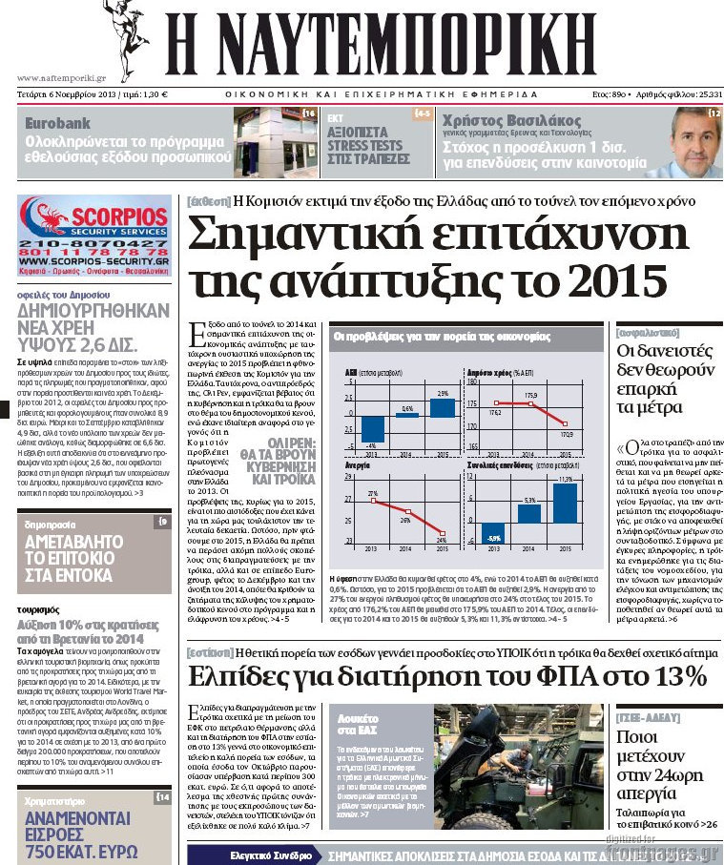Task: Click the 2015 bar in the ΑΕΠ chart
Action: pos(442,407)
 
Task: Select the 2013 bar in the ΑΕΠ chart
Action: pos(372,430)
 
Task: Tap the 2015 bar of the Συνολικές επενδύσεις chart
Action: pos(566,504)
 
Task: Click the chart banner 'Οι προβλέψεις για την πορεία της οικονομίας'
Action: pos(442,337)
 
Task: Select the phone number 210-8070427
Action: pos(93,244)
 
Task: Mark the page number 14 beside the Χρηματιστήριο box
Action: pos(163,796)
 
